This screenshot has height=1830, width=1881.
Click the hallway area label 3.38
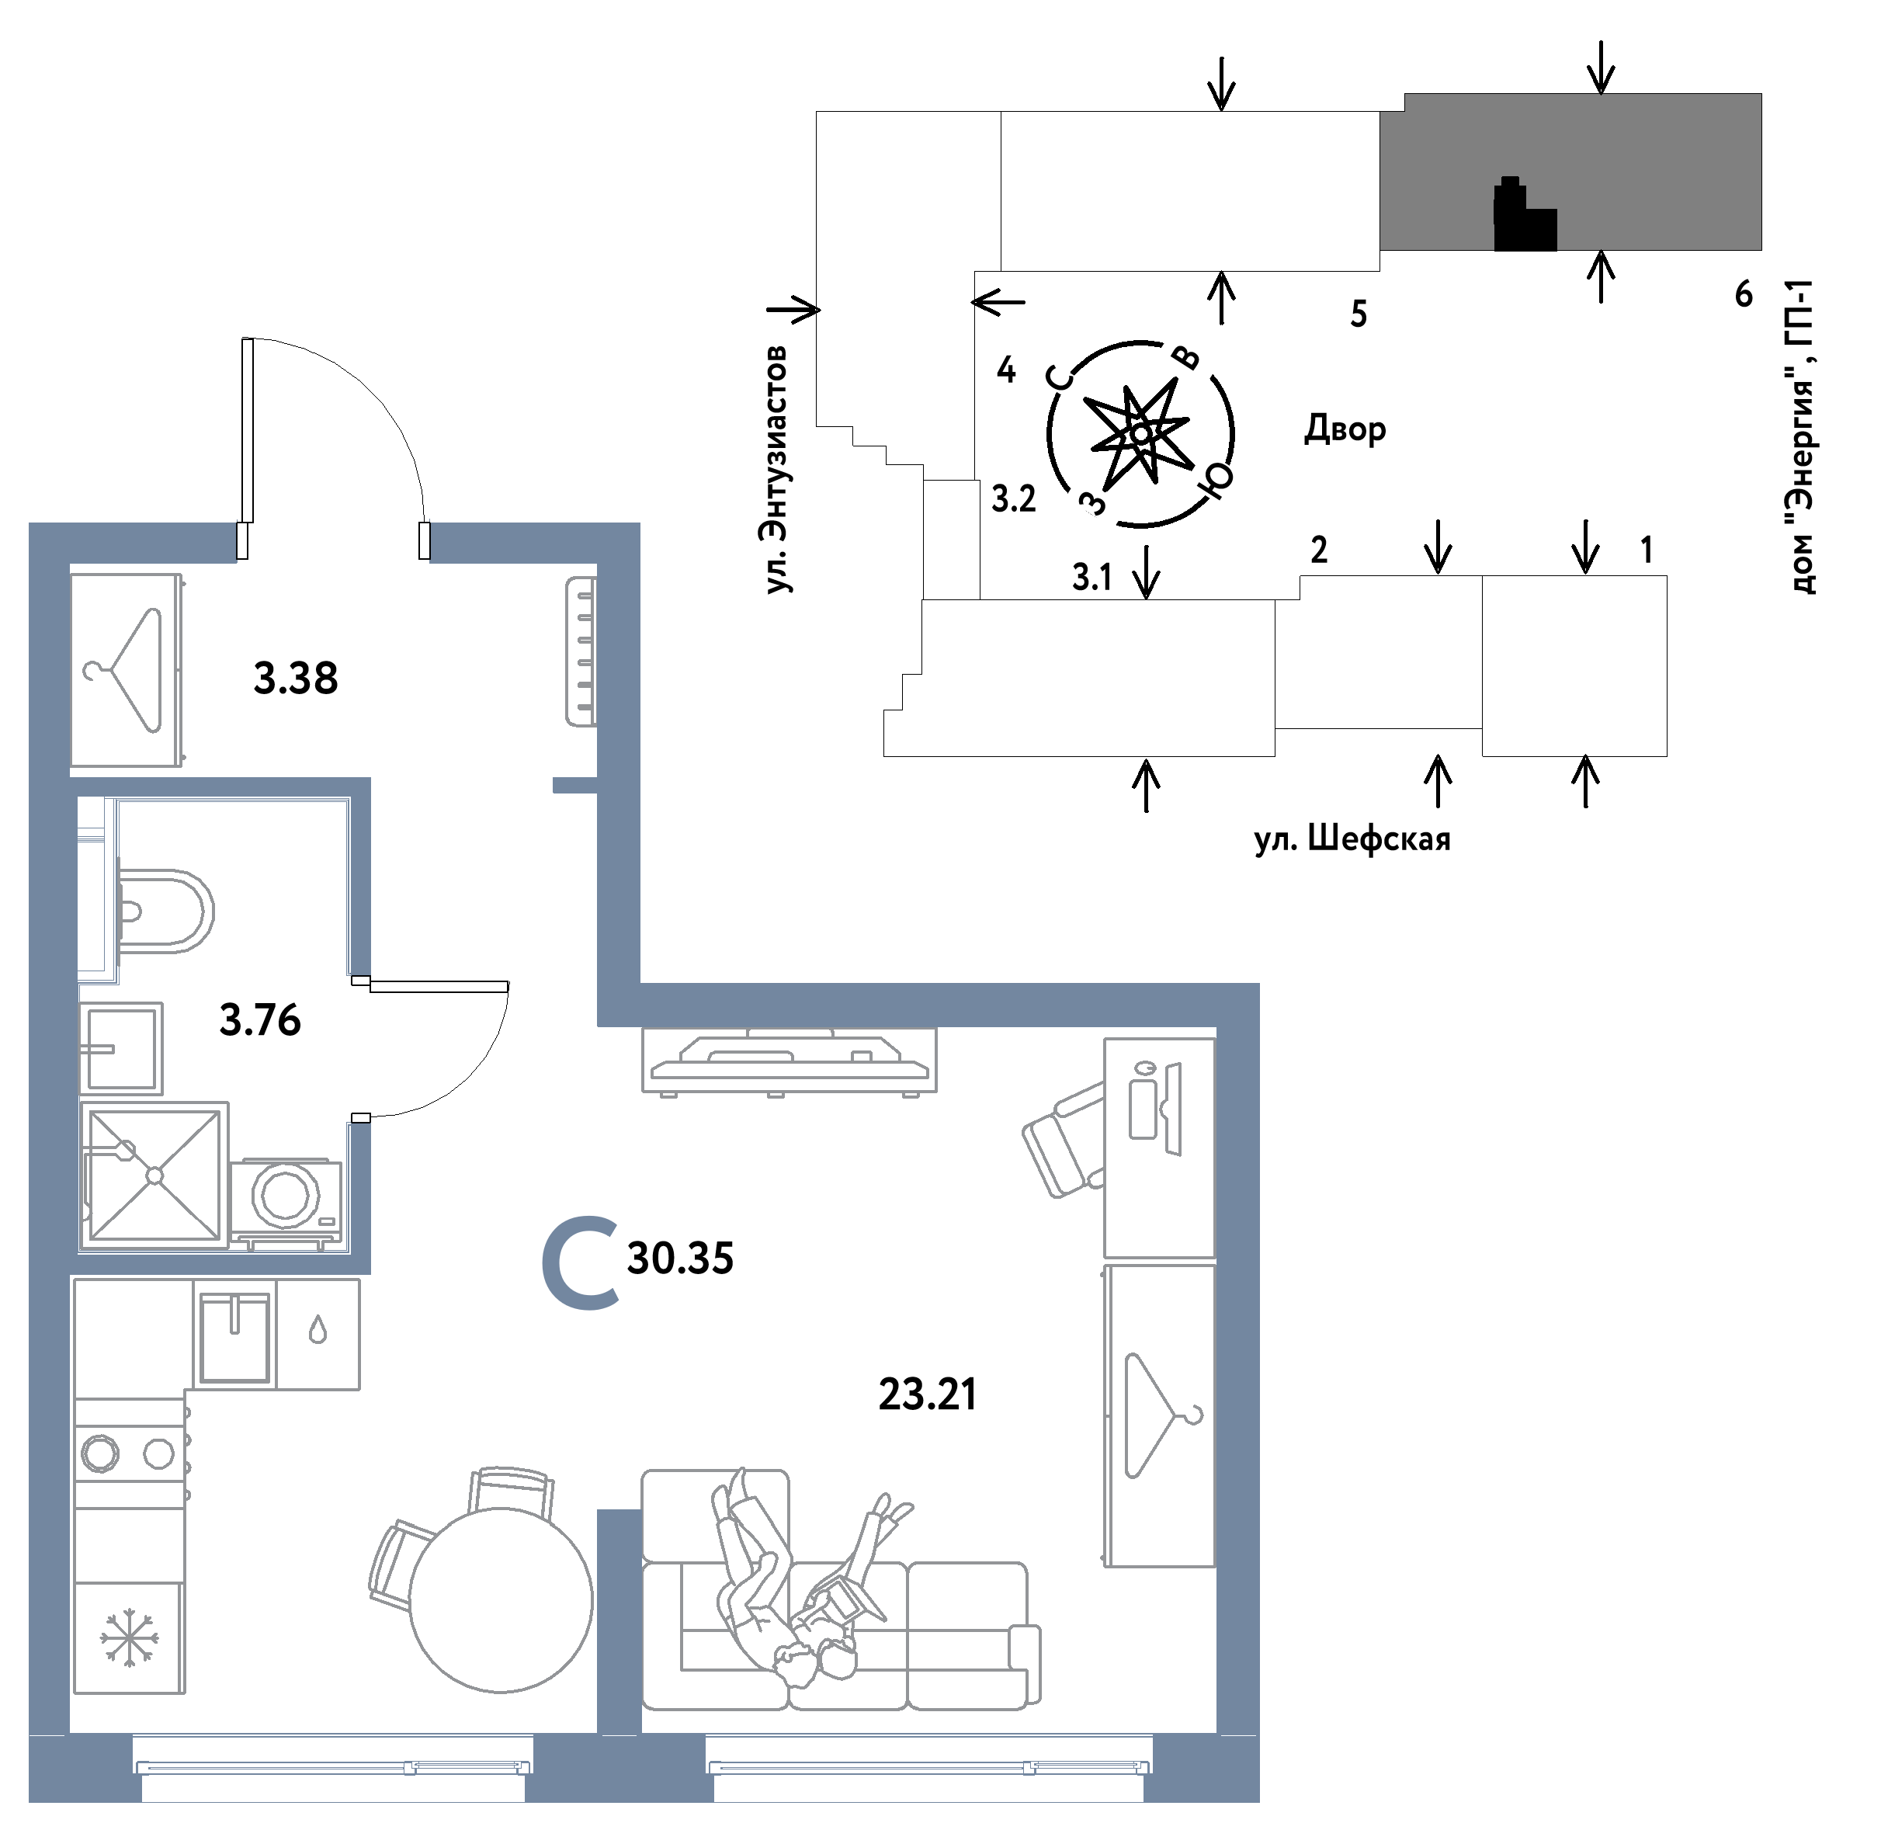296,679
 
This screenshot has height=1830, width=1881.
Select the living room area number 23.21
928,1394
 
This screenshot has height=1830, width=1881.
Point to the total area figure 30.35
681,1258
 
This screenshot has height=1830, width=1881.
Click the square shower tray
154,1175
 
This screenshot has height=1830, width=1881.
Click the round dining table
501,1600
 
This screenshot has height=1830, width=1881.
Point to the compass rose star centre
1140,433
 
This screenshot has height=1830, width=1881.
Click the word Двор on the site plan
1345,428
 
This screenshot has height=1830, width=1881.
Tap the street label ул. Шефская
1352,839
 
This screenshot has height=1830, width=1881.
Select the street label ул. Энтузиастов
776,470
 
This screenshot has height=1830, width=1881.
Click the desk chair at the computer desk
1063,1140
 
